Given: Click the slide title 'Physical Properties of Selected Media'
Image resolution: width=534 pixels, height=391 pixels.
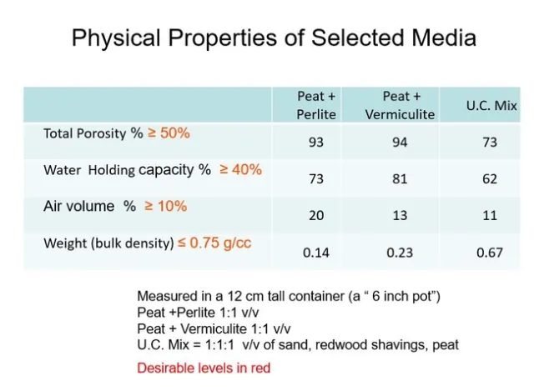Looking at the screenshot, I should (x=274, y=38).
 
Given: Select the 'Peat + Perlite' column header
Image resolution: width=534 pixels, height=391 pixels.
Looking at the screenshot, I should (x=316, y=105).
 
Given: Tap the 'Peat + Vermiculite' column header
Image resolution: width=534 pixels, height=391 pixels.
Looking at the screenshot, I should (x=400, y=105).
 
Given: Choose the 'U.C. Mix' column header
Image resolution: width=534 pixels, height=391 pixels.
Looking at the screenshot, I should (x=491, y=106).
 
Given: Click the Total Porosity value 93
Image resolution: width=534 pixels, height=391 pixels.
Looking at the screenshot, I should (x=315, y=143).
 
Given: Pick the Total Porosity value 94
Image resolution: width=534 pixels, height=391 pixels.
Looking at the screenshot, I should (x=400, y=143).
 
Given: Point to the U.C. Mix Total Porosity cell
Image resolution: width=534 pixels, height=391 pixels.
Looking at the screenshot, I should (x=490, y=143).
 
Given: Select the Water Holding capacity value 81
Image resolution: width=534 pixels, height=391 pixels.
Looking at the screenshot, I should (x=400, y=179).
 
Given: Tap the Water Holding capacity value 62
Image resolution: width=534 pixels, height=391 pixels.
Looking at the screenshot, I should (x=490, y=179).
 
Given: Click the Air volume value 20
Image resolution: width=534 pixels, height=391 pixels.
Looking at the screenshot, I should (x=315, y=216).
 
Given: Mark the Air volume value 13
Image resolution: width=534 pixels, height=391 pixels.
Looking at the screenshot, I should (x=400, y=216).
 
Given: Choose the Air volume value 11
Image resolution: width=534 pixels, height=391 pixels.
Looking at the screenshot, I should (x=490, y=216).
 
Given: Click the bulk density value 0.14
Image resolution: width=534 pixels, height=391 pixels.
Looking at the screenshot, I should (x=315, y=253).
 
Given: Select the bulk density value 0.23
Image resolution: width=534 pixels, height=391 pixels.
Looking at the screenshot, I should (x=400, y=253).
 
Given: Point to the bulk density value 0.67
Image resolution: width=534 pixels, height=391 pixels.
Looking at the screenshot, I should (x=490, y=253).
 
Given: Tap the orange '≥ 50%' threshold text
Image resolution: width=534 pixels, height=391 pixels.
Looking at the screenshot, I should (x=169, y=133).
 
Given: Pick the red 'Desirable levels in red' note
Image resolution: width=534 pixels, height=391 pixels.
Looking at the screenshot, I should (x=204, y=368).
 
